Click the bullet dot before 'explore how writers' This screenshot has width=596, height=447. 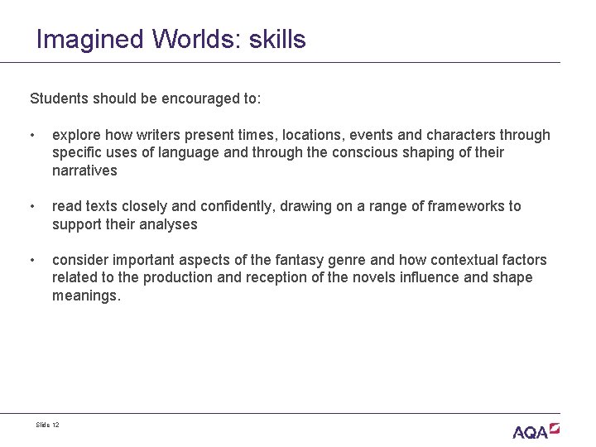coord(31,135)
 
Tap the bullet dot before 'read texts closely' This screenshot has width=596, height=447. coord(31,206)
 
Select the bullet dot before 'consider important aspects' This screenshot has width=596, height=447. coord(31,260)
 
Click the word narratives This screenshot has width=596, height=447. coord(84,171)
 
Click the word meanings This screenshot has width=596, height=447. coord(86,296)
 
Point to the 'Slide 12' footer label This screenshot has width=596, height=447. coord(48,425)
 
